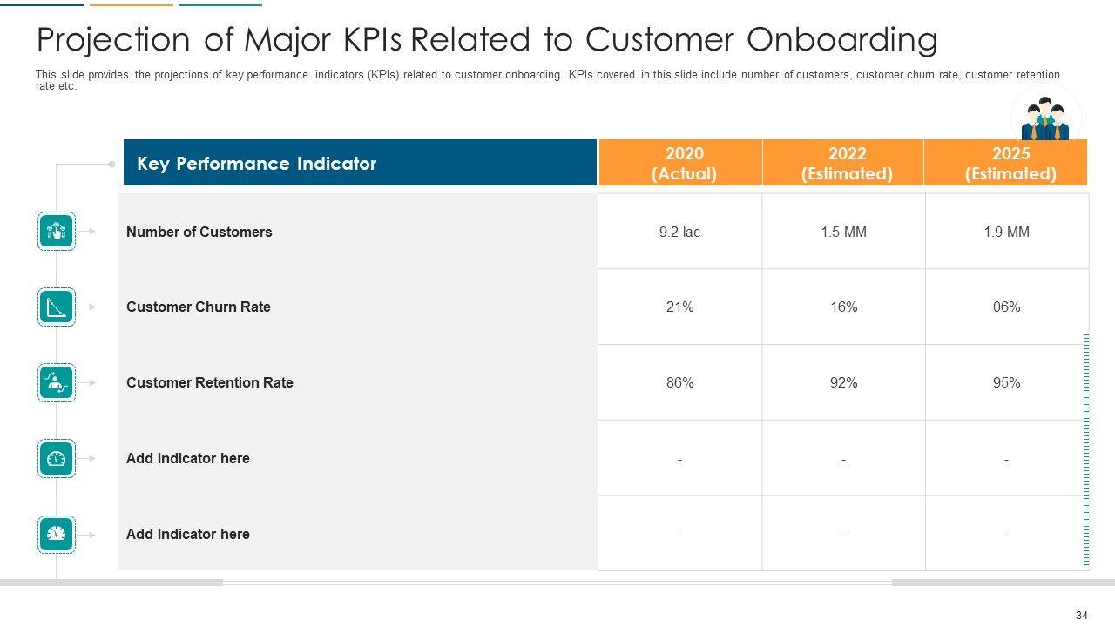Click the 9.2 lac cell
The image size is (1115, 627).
point(679,232)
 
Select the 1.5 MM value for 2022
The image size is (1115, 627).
point(843,232)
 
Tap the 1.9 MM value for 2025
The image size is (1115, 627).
point(1006,232)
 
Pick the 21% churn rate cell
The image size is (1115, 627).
point(679,307)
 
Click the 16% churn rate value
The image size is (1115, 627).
point(843,307)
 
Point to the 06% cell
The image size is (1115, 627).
point(1006,307)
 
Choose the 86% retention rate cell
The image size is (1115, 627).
point(679,382)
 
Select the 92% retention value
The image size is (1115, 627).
point(843,382)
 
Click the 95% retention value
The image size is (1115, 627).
point(1006,382)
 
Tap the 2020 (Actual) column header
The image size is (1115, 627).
point(684,164)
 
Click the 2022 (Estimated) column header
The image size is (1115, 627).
point(847,164)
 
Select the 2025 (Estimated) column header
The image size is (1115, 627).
point(1010,164)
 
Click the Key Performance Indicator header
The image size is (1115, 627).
point(256,164)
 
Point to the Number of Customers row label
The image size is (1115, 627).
point(199,232)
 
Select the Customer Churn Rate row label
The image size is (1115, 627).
point(198,307)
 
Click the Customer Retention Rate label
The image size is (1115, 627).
point(209,382)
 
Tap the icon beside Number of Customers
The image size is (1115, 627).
point(57,232)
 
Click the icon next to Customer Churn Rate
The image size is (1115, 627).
point(57,307)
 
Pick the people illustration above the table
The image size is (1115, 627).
point(1045,119)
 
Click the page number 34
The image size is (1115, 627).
point(1081,616)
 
